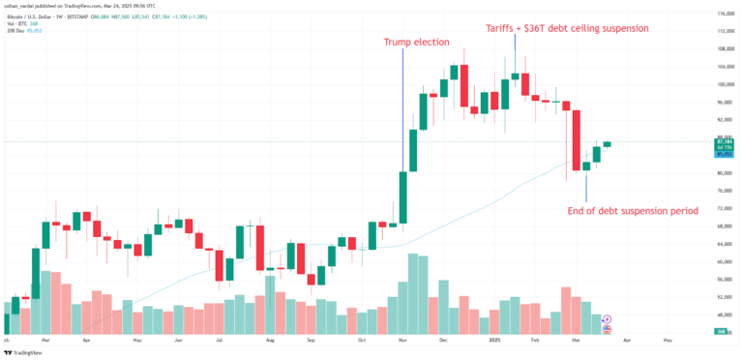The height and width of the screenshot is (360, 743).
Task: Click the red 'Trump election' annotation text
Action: pos(404,43)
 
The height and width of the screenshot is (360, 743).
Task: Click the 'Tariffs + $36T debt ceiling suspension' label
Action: pos(566,28)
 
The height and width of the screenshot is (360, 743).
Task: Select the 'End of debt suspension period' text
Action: pos(633,210)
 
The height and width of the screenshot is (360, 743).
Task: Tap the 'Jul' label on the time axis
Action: pos(220,342)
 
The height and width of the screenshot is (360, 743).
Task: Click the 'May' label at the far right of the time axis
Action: pos(667,342)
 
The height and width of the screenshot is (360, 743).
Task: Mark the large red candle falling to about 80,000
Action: pos(576,140)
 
